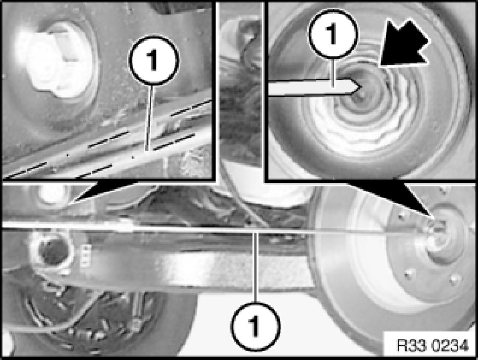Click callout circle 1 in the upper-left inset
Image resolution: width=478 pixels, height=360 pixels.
(x=154, y=60)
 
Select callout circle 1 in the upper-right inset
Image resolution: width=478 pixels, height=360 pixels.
(x=333, y=34)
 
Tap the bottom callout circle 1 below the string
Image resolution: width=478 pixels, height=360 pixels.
(x=256, y=326)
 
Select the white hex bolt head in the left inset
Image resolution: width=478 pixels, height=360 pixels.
(x=56, y=62)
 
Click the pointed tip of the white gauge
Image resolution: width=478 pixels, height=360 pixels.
(x=361, y=86)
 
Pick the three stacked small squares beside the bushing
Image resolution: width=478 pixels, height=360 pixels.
(x=86, y=255)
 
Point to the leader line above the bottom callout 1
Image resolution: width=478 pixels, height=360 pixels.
(x=256, y=267)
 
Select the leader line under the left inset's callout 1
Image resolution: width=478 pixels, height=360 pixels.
(x=149, y=117)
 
